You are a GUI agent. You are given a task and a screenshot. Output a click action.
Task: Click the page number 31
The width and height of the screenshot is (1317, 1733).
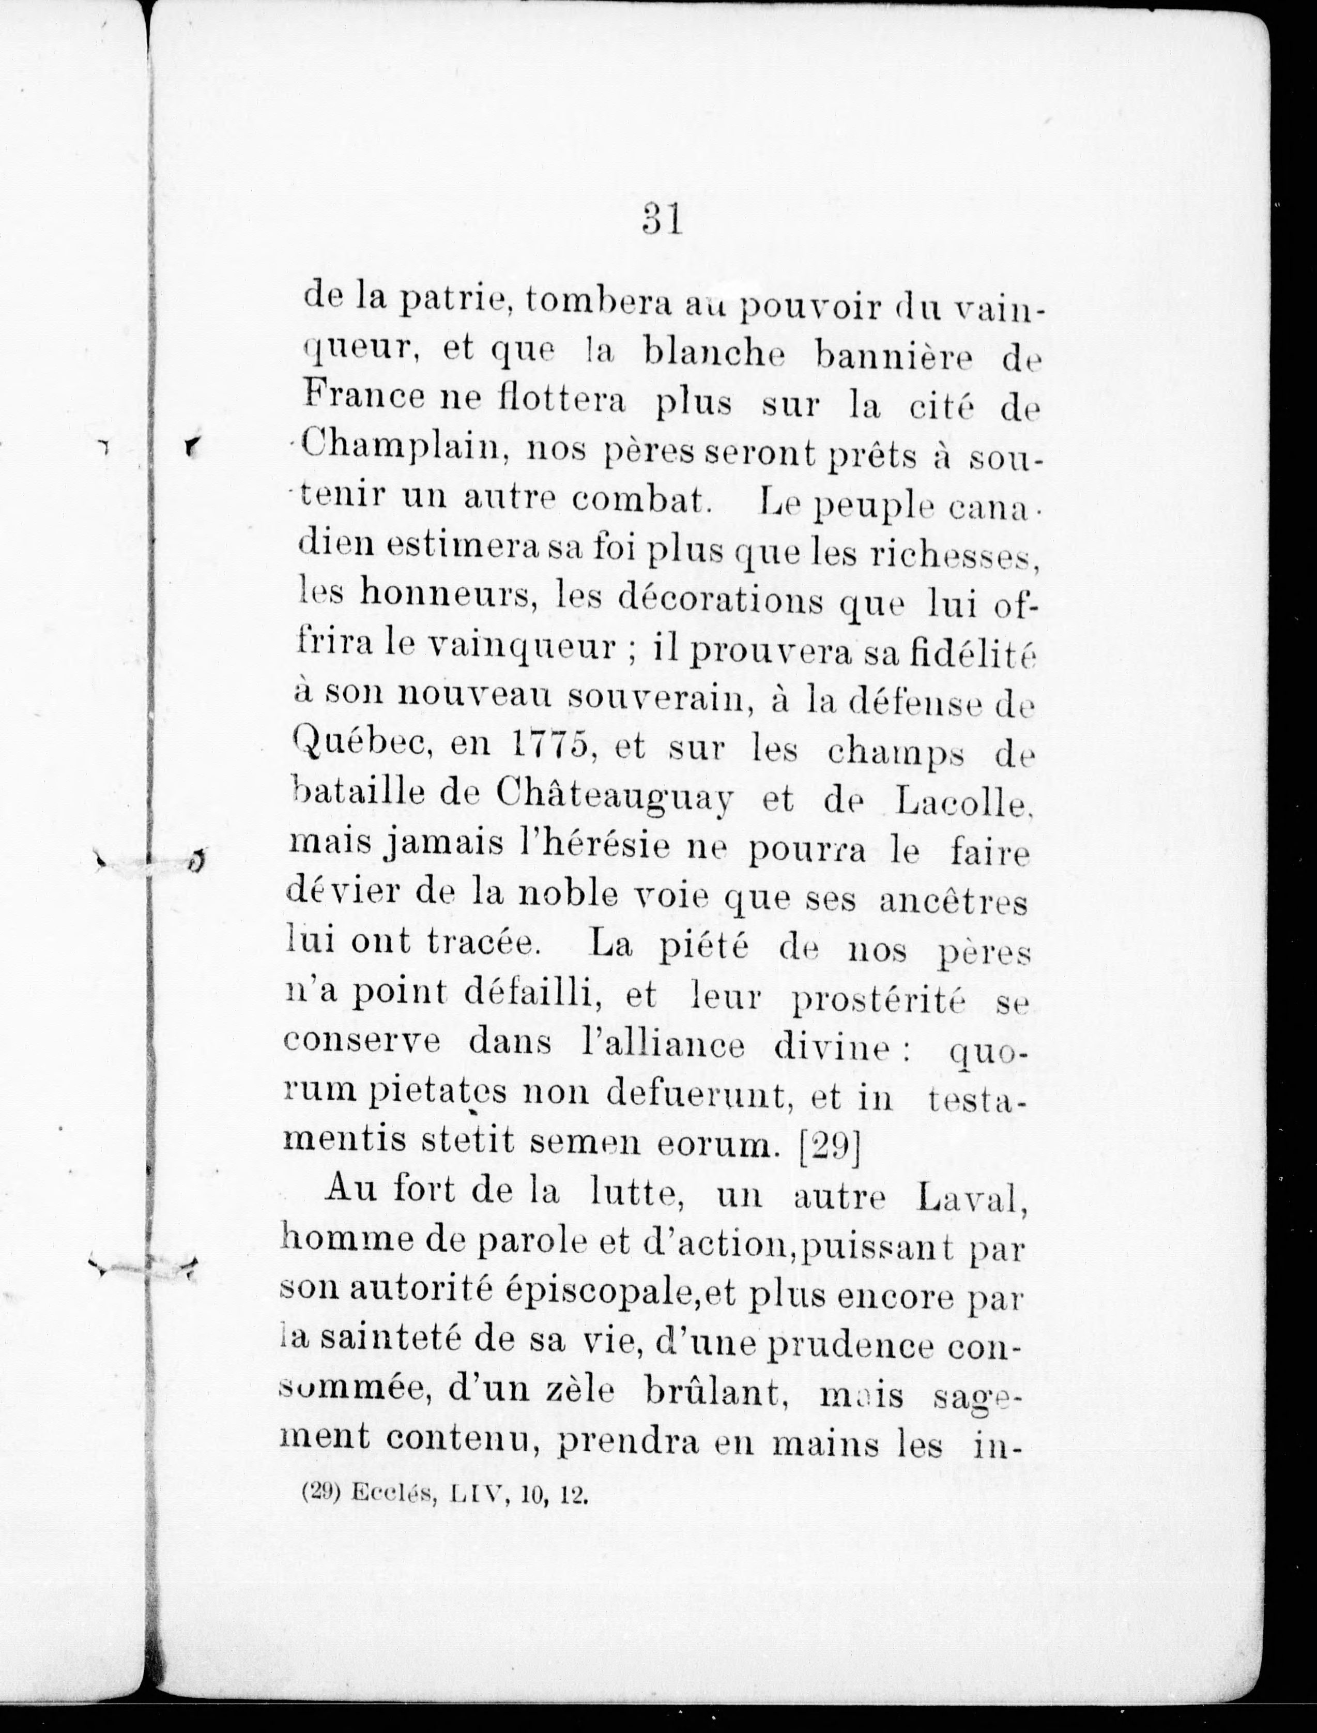[663, 220]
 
